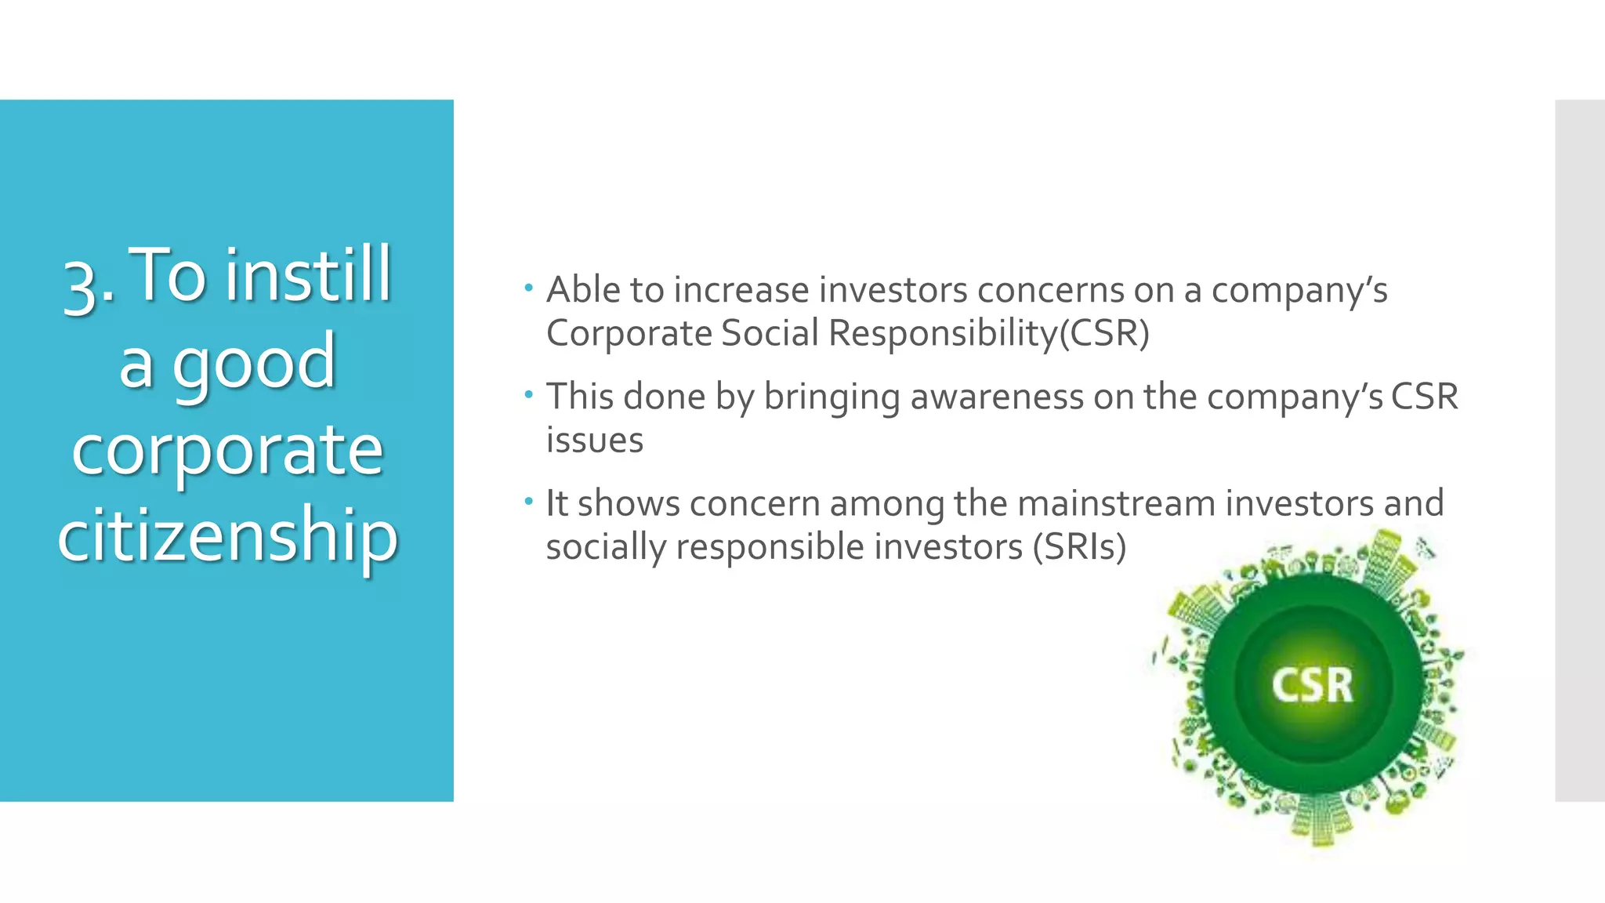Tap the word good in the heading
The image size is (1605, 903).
point(254,362)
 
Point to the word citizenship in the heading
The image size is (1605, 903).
point(227,535)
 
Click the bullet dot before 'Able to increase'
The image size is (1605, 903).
point(529,288)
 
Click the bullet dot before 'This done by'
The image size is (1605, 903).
point(529,394)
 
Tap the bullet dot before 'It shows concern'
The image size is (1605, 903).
point(529,501)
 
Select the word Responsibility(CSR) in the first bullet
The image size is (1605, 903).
point(988,333)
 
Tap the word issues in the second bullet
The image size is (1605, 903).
point(594,441)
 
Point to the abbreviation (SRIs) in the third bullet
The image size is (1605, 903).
point(1079,547)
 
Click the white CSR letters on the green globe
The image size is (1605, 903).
point(1312,685)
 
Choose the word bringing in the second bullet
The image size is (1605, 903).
point(831,397)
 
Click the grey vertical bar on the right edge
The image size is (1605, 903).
point(1579,450)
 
